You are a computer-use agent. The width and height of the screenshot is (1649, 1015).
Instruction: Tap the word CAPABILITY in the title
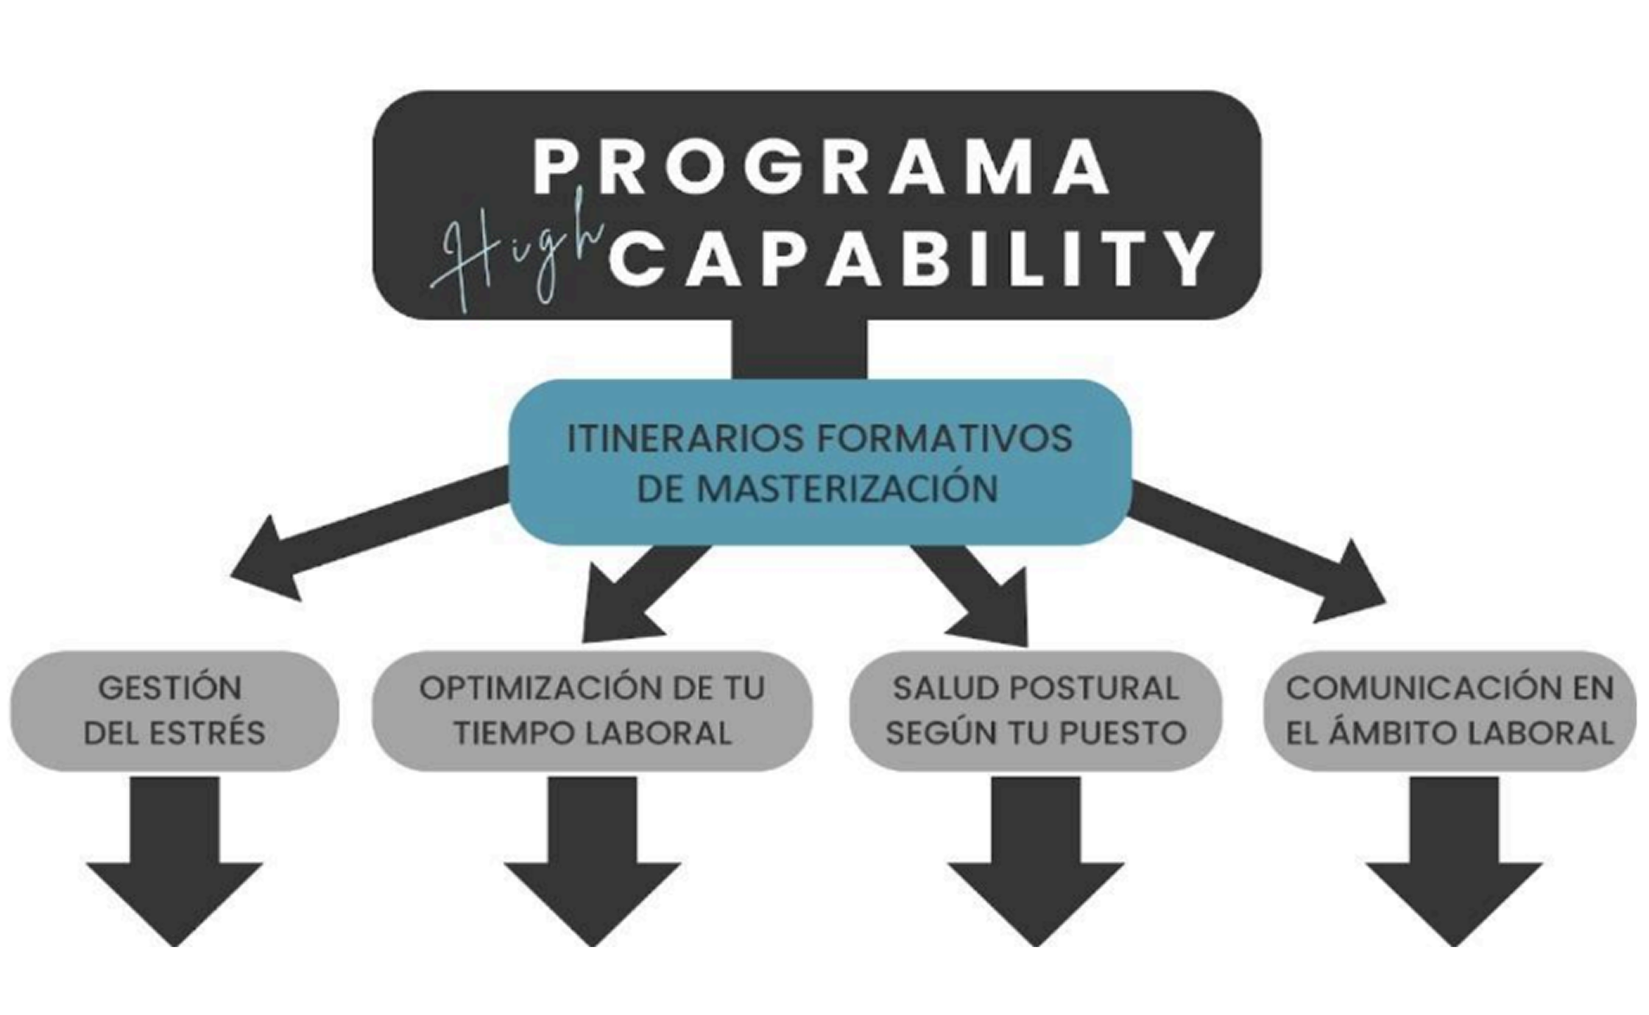pos(911,259)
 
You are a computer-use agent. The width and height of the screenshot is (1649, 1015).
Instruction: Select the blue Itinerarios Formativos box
pos(820,462)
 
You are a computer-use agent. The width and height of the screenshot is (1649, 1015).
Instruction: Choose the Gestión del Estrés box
pos(174,711)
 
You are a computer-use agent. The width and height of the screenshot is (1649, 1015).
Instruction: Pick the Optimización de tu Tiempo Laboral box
pos(592,711)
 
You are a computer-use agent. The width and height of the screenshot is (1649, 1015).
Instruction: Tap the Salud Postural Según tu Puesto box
pos(1036,711)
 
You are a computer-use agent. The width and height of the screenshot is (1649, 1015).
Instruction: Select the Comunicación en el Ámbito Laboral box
pos(1450,711)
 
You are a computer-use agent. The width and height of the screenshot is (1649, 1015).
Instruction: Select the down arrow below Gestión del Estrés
pos(174,862)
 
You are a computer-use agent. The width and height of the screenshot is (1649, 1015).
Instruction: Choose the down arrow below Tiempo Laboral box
pos(593,862)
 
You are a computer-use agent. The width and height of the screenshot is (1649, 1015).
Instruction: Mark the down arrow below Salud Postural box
pos(1036,862)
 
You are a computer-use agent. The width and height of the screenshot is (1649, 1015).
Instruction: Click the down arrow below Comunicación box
pos(1454,862)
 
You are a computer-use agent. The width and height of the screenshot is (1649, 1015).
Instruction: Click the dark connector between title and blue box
pos(800,349)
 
